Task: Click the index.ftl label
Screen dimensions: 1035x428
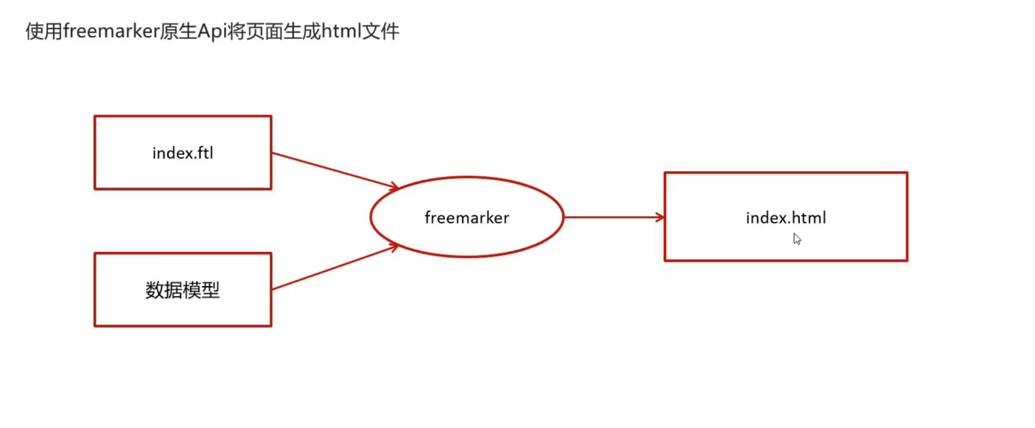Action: coord(183,153)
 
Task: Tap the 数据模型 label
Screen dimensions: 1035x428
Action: coord(183,291)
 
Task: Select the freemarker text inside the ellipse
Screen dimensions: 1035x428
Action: coord(467,218)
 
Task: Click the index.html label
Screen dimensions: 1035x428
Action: coord(786,218)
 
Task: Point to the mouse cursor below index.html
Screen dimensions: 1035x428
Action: coord(797,238)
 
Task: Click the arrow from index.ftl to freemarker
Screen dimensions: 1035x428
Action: coord(333,170)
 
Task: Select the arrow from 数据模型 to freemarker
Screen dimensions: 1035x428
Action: coord(333,268)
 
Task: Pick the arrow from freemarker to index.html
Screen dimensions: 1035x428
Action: coord(611,217)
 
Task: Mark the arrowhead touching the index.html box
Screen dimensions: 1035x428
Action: coord(659,217)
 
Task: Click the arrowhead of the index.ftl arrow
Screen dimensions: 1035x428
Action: coord(392,185)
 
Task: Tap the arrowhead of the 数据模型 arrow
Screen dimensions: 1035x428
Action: coord(392,248)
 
